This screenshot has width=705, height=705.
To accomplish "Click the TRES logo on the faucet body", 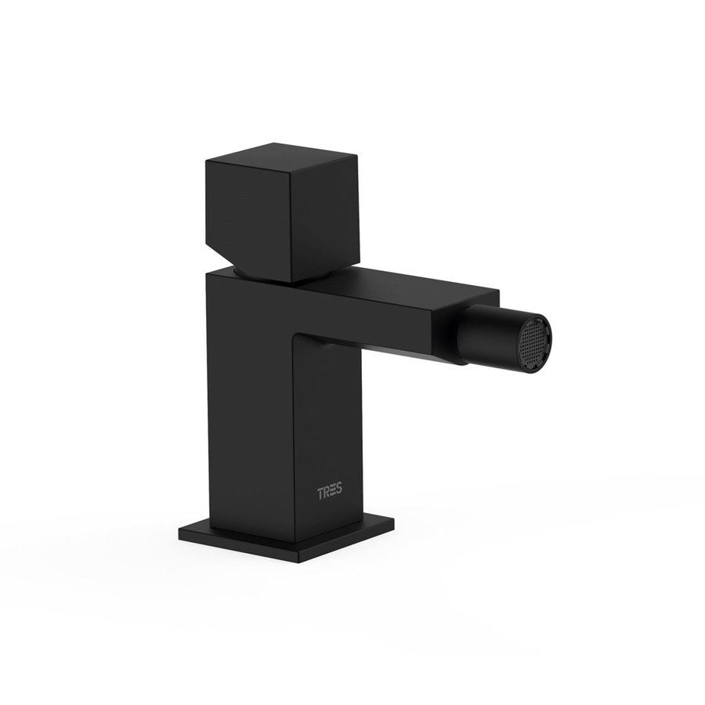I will [329, 493].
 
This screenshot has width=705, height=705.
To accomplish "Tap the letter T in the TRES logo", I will [320, 493].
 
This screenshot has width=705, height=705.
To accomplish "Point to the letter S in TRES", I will [338, 493].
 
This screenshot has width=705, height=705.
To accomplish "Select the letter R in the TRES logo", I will [326, 493].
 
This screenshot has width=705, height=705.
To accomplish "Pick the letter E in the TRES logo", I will [332, 493].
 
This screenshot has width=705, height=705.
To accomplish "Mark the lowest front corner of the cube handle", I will [290, 282].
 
